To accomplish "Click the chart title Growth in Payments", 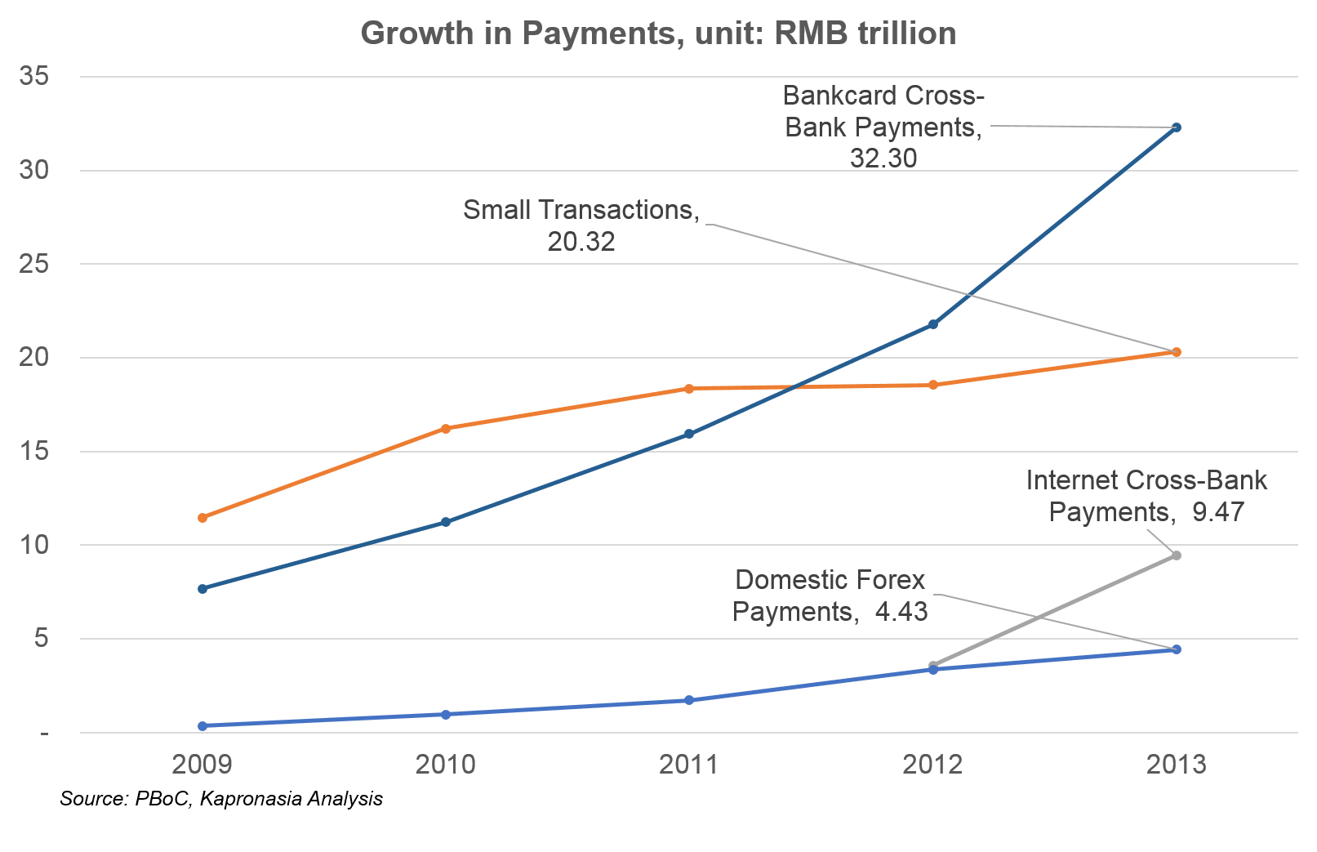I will [658, 33].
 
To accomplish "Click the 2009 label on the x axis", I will [202, 765].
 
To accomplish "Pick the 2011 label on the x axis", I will [688, 765].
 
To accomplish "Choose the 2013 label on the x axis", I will [1176, 765].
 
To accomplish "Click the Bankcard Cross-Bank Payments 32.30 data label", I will [883, 127].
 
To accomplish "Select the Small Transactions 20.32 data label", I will [581, 225].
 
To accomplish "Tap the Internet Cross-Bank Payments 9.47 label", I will [1146, 496].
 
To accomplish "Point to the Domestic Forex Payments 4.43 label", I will [830, 596].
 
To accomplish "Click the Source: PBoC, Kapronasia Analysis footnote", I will [221, 799].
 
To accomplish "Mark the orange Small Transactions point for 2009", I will [202, 518].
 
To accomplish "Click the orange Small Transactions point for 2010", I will [446, 428].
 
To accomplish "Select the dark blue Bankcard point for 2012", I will [933, 324].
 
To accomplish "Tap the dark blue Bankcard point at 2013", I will [1177, 127].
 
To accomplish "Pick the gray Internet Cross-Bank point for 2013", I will [1177, 555].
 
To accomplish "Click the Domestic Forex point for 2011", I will [688, 700].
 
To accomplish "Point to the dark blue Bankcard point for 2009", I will [202, 588].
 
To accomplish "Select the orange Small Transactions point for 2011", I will [688, 389].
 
